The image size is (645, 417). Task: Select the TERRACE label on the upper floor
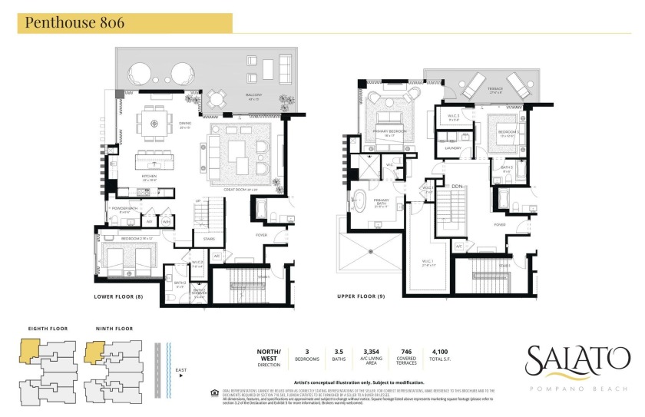(495, 88)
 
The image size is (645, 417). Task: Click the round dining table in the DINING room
(154, 122)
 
